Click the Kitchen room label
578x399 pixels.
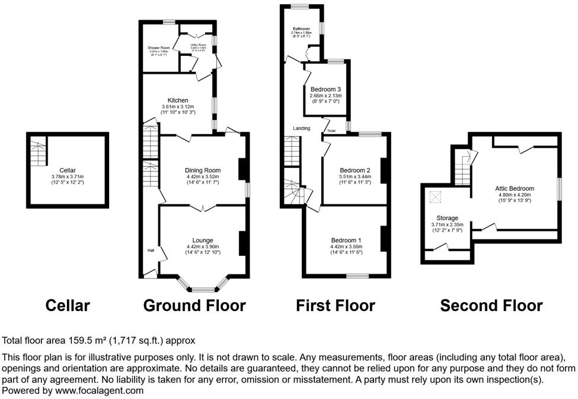point(178,100)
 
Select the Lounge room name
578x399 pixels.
point(203,240)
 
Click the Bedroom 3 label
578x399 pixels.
point(325,89)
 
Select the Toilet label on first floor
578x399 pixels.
point(331,131)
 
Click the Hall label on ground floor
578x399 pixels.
point(151,251)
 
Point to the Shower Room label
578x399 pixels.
point(159,47)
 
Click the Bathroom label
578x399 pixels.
point(301,28)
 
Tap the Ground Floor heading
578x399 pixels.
point(194,306)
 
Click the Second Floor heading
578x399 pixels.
point(491,306)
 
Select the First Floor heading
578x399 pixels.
point(336,306)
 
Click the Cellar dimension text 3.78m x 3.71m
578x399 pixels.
point(68,176)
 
